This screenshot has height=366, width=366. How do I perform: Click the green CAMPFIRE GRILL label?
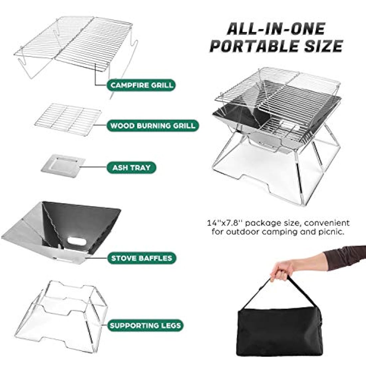coord(142,85)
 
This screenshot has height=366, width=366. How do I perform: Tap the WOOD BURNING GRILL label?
coord(153,126)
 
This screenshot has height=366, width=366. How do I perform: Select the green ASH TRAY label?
coord(131,167)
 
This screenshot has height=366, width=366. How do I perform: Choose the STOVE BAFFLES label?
coord(141,258)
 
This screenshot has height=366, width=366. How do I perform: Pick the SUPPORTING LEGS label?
coord(146,325)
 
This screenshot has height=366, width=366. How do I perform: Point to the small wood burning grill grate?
coord(68,119)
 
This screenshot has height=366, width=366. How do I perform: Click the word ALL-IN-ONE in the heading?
coord(275,29)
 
